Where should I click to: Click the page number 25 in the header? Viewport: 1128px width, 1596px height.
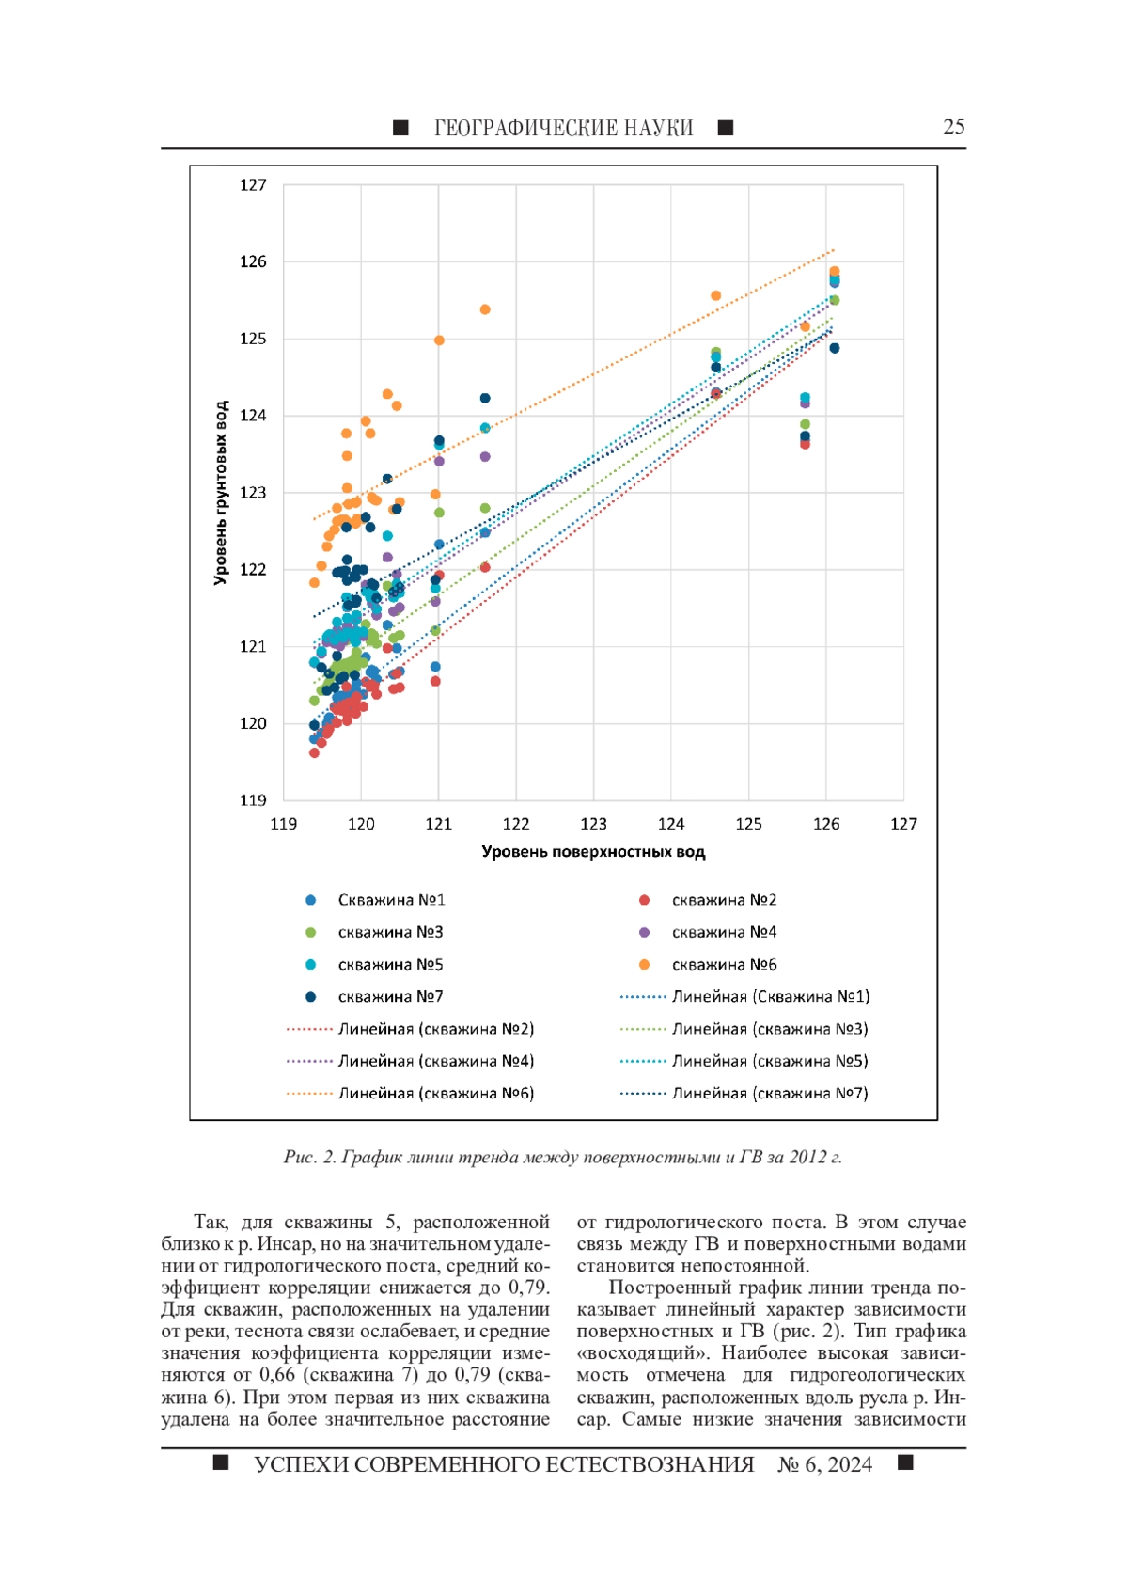(953, 127)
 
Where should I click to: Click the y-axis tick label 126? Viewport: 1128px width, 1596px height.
(253, 261)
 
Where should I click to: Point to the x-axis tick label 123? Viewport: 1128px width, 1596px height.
(593, 824)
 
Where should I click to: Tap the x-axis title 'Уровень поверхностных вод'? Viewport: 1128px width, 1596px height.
(593, 852)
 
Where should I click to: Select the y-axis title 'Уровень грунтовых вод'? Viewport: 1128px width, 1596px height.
(221, 493)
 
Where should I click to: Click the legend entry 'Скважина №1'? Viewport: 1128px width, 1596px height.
(391, 900)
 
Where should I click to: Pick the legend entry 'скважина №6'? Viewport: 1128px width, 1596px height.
(724, 964)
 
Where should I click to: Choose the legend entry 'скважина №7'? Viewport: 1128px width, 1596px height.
(390, 996)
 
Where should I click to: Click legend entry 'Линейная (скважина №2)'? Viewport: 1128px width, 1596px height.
(435, 1029)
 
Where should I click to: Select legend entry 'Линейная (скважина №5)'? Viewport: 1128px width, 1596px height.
(769, 1061)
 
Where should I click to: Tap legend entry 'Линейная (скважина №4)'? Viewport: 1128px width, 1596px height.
(435, 1061)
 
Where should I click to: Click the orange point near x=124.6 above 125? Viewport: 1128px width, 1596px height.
(715, 295)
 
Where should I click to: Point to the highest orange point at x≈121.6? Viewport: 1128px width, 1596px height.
(485, 309)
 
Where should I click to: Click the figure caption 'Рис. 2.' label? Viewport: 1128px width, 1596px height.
(309, 1157)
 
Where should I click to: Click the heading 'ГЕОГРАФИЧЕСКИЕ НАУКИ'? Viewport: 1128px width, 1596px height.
(563, 128)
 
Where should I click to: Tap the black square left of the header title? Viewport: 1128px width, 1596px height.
(400, 128)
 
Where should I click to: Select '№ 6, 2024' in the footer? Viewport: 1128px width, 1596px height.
(824, 1464)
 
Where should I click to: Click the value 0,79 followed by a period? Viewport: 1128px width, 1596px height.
(527, 1288)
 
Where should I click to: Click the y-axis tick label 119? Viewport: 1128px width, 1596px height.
(253, 800)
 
